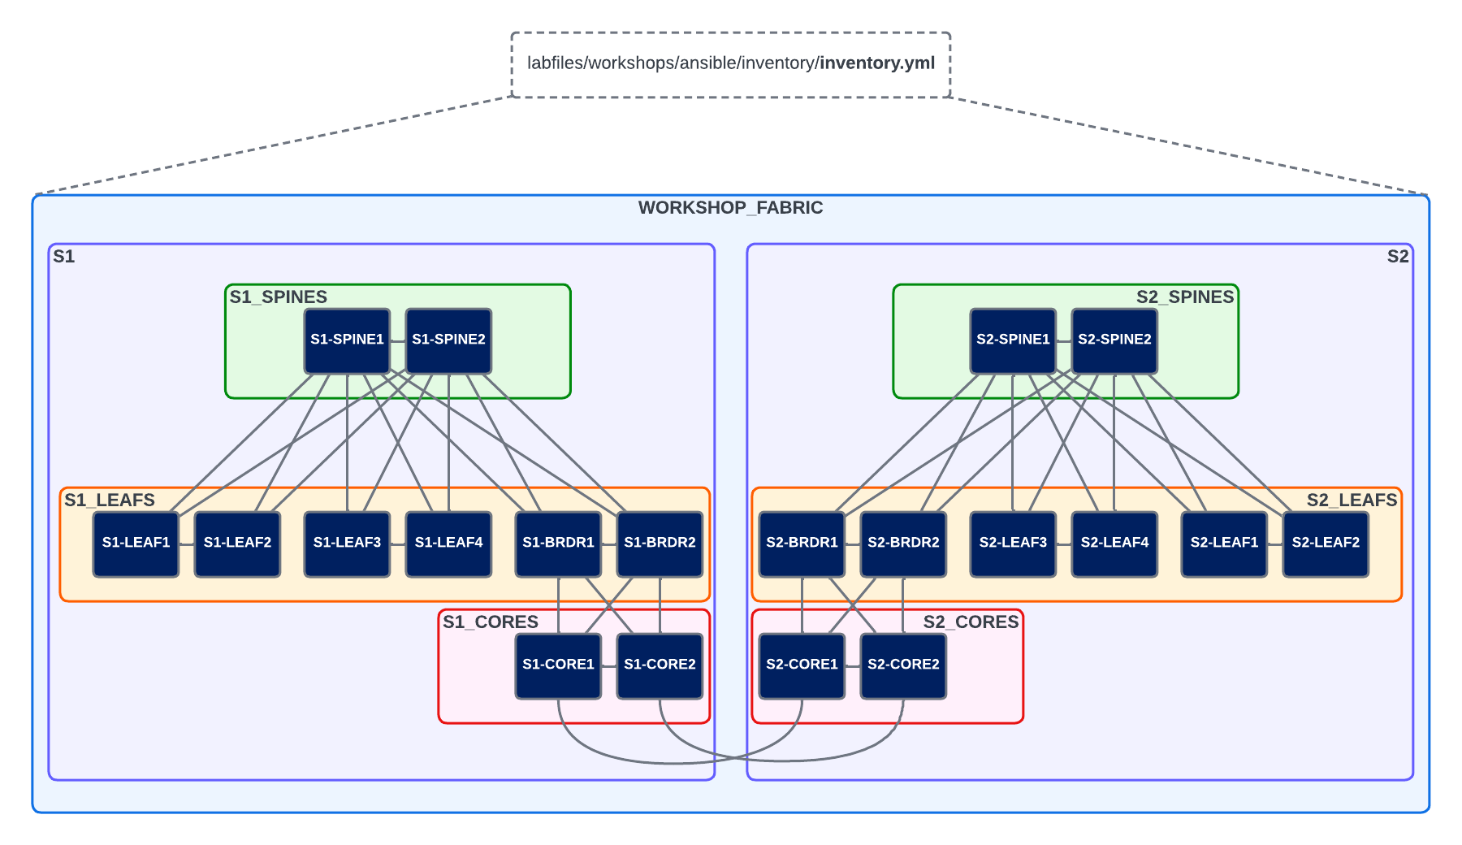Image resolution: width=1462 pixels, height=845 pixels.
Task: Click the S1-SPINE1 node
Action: (347, 340)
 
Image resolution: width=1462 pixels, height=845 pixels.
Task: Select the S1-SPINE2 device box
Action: (448, 340)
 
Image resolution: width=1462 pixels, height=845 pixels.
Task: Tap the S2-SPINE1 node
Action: (1013, 340)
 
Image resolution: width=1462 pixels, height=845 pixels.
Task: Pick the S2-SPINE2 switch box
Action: (1114, 340)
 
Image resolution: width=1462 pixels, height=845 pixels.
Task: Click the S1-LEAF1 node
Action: (136, 544)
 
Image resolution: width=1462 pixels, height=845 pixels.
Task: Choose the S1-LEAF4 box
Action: (448, 544)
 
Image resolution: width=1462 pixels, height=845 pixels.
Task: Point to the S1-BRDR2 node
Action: (660, 544)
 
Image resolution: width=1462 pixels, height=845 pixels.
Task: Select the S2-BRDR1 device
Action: (802, 544)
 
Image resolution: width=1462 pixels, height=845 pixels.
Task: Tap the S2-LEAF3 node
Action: (1013, 544)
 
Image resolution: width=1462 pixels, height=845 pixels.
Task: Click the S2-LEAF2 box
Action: (1326, 544)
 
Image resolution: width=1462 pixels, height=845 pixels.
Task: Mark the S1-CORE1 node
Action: (558, 665)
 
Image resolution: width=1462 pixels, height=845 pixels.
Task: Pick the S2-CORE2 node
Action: (903, 665)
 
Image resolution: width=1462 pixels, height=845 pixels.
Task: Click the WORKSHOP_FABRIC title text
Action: (730, 208)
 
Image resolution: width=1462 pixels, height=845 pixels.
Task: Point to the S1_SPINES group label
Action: (278, 297)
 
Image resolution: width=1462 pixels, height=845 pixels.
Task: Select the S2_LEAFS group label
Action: (1352, 500)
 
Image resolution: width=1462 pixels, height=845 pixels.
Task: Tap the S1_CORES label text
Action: (490, 622)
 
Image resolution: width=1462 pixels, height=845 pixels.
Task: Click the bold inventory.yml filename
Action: (877, 63)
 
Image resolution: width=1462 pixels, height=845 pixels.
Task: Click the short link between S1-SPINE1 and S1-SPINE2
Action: (398, 341)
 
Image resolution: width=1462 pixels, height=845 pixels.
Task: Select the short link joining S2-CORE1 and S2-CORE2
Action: (853, 666)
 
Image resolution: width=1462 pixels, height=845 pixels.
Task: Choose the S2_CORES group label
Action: (971, 622)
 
